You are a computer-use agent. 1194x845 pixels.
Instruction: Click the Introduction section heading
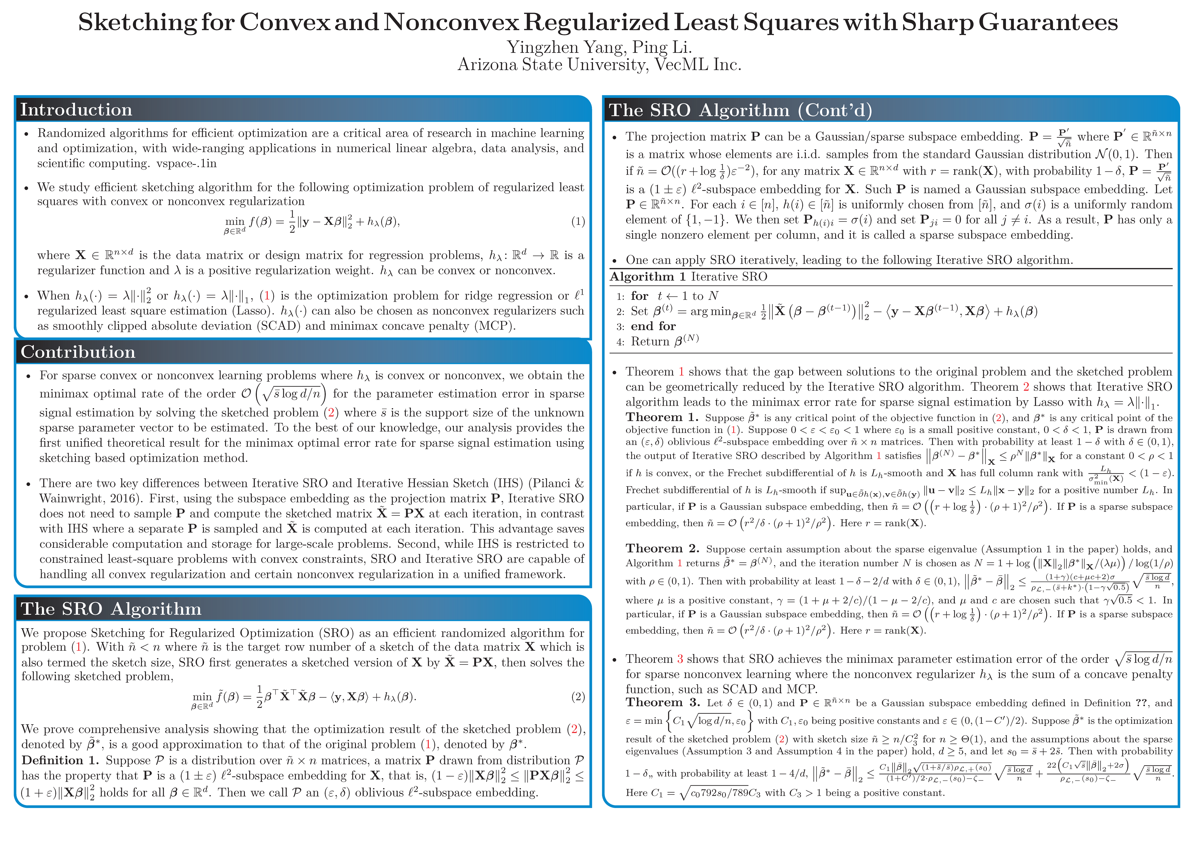[x=76, y=110]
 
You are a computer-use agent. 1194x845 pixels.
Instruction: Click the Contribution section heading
[x=78, y=352]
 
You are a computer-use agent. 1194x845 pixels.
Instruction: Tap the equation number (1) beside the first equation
[x=578, y=222]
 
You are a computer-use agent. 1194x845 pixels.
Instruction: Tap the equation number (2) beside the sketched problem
[x=578, y=697]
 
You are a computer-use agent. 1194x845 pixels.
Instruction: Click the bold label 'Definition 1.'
[x=60, y=761]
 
